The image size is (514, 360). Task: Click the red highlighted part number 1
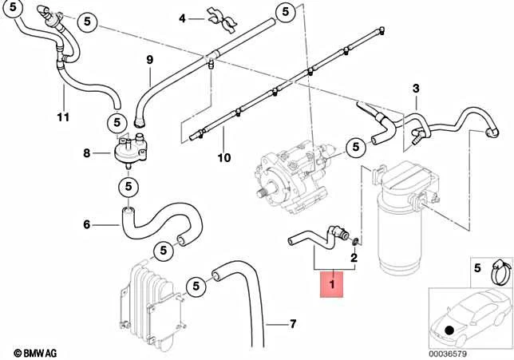tap(331, 283)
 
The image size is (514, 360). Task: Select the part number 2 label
tap(354, 258)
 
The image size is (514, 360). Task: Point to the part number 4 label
tap(182, 18)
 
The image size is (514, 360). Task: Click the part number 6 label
tap(87, 225)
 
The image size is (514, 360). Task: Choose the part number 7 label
tap(292, 324)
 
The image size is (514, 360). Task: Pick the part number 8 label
tap(87, 152)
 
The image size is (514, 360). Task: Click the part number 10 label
tap(224, 158)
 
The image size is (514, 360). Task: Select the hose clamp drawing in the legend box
tap(496, 271)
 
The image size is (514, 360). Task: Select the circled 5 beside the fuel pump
tap(355, 146)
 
